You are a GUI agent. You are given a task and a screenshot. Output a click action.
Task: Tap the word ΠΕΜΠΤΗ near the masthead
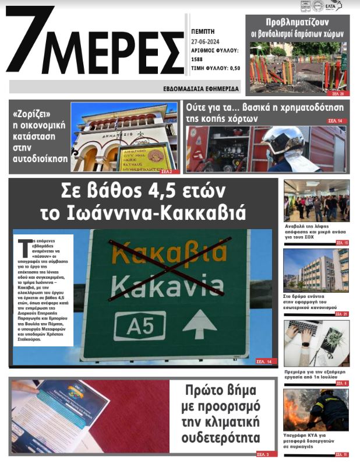tap(203, 31)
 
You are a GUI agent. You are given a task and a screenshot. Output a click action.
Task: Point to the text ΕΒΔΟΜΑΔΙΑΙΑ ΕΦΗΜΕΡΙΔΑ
tap(202, 88)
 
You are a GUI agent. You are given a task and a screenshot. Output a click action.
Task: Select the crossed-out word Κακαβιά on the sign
tap(168, 254)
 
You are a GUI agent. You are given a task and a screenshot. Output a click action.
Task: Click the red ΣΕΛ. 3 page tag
tap(263, 454)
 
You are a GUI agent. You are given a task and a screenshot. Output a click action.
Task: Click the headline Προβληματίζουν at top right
tap(297, 22)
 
